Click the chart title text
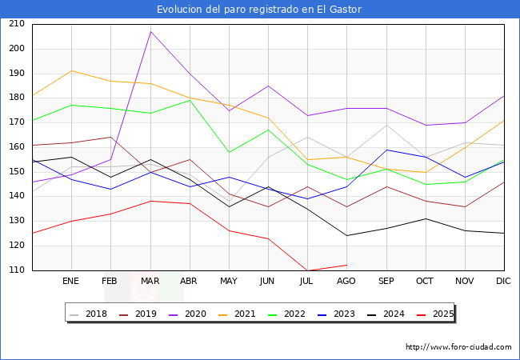(x=259, y=10)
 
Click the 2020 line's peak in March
(x=150, y=31)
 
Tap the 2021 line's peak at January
(x=72, y=71)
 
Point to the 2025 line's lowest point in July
(x=307, y=270)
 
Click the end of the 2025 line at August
(x=346, y=265)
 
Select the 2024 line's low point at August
(x=346, y=235)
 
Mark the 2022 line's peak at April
(x=190, y=100)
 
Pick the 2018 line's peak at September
(x=386, y=125)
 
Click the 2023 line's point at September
(x=386, y=150)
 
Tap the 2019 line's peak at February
(x=111, y=137)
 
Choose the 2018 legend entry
(x=92, y=314)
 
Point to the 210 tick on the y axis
(x=16, y=24)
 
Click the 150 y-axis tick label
(x=16, y=172)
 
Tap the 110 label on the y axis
(x=16, y=270)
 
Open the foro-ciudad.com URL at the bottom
(x=458, y=347)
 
